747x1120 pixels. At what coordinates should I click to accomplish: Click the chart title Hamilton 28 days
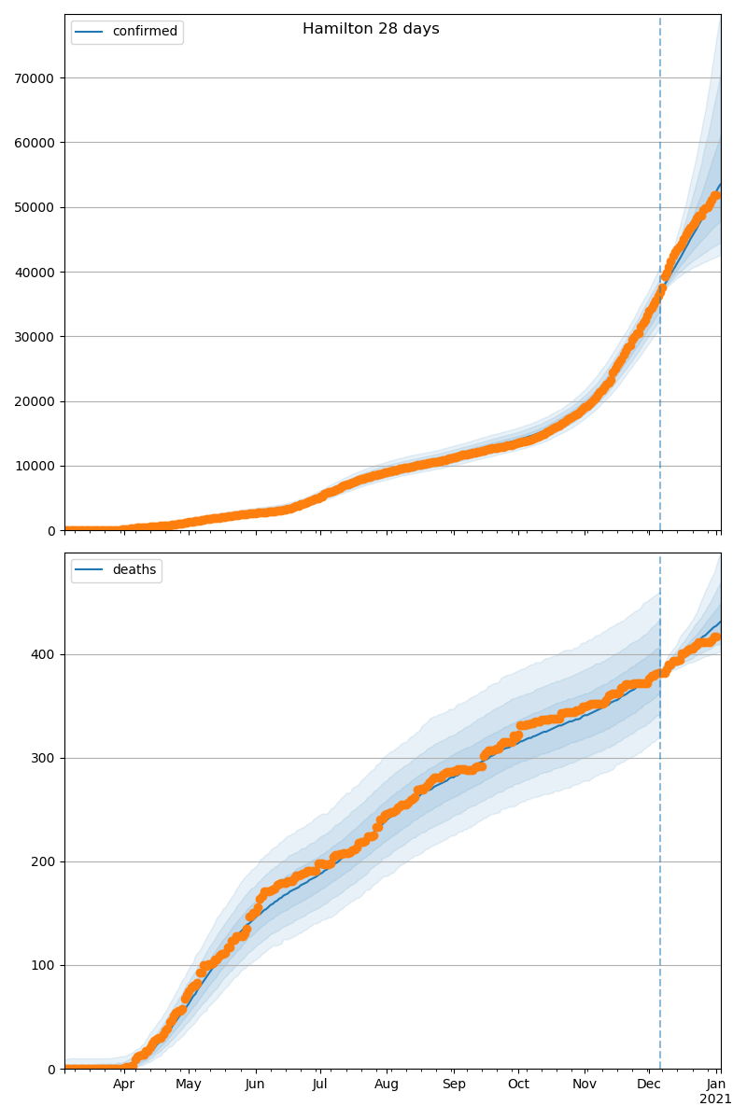(x=371, y=29)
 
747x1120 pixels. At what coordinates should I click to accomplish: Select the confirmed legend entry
(x=144, y=32)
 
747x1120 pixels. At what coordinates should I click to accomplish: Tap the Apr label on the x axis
(x=124, y=1085)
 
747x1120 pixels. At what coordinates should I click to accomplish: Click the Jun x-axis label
(x=255, y=1085)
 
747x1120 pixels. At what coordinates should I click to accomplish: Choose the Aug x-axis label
(x=387, y=1085)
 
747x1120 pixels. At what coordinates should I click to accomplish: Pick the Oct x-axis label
(x=518, y=1085)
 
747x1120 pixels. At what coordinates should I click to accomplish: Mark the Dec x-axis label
(x=649, y=1085)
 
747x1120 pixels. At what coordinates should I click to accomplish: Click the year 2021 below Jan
(x=716, y=1099)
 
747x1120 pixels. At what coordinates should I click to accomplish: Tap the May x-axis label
(x=189, y=1085)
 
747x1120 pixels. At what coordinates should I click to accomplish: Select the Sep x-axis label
(x=453, y=1085)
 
